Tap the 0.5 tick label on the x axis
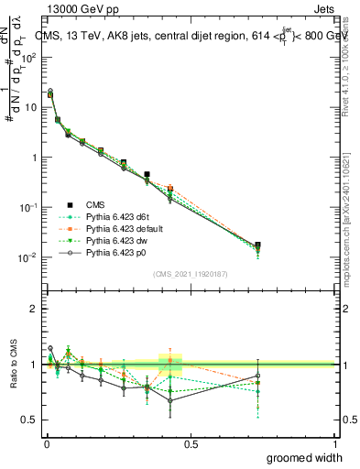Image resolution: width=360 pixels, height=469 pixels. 191,443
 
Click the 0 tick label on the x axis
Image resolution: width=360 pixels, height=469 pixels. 46,443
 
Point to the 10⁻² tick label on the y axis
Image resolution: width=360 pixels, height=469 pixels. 27,257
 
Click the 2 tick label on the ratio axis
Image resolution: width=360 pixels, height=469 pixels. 33,309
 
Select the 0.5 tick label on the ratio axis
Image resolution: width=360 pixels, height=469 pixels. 29,420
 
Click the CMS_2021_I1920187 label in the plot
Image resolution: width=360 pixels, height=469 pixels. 191,273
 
